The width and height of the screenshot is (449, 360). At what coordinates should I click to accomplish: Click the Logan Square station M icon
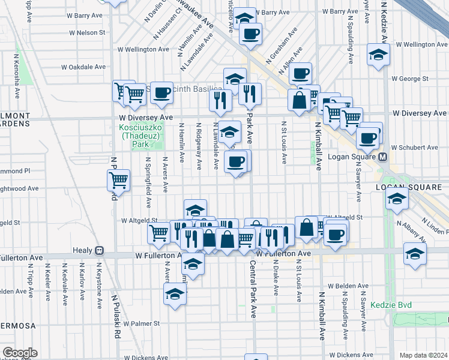click(x=383, y=157)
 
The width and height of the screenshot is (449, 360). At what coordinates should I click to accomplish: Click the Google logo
click(x=20, y=353)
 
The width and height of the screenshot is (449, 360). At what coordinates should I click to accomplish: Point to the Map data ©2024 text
click(x=423, y=355)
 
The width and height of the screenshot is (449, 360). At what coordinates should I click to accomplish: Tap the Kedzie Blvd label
click(x=391, y=305)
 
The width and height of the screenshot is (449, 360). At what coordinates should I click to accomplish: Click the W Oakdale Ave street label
click(x=83, y=67)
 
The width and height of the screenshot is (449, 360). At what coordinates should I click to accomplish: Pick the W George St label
click(x=409, y=78)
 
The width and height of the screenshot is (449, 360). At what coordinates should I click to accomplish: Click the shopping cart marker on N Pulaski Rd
click(x=119, y=179)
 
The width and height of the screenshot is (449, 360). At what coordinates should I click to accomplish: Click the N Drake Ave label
click(x=276, y=280)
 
